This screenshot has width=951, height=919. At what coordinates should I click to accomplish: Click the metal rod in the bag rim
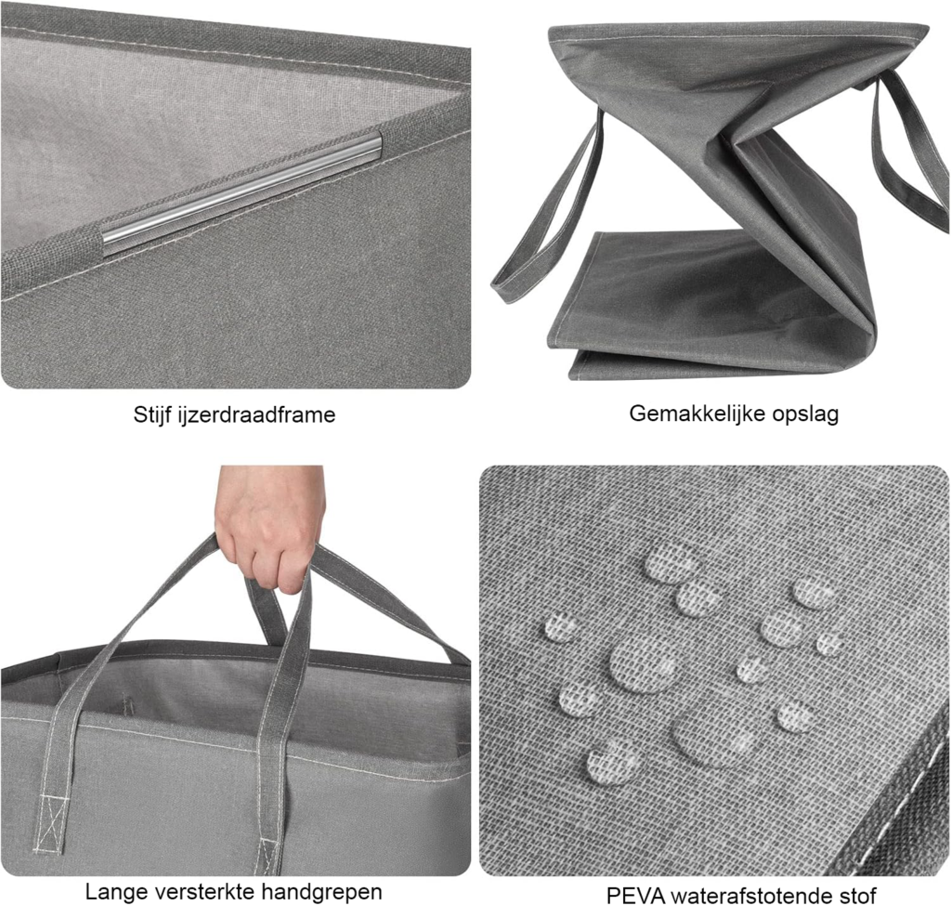point(242,191)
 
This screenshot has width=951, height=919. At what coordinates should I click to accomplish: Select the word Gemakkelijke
point(697,414)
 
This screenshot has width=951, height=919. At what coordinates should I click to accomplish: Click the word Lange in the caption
point(116,892)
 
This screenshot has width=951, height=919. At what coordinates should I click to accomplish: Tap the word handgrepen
point(322,893)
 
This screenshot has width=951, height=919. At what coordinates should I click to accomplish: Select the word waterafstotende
point(751,896)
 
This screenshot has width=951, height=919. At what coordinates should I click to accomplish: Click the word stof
point(857,896)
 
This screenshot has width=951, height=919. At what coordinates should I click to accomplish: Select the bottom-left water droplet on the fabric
point(613,763)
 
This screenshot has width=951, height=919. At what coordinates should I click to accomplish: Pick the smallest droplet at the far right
point(829,643)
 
